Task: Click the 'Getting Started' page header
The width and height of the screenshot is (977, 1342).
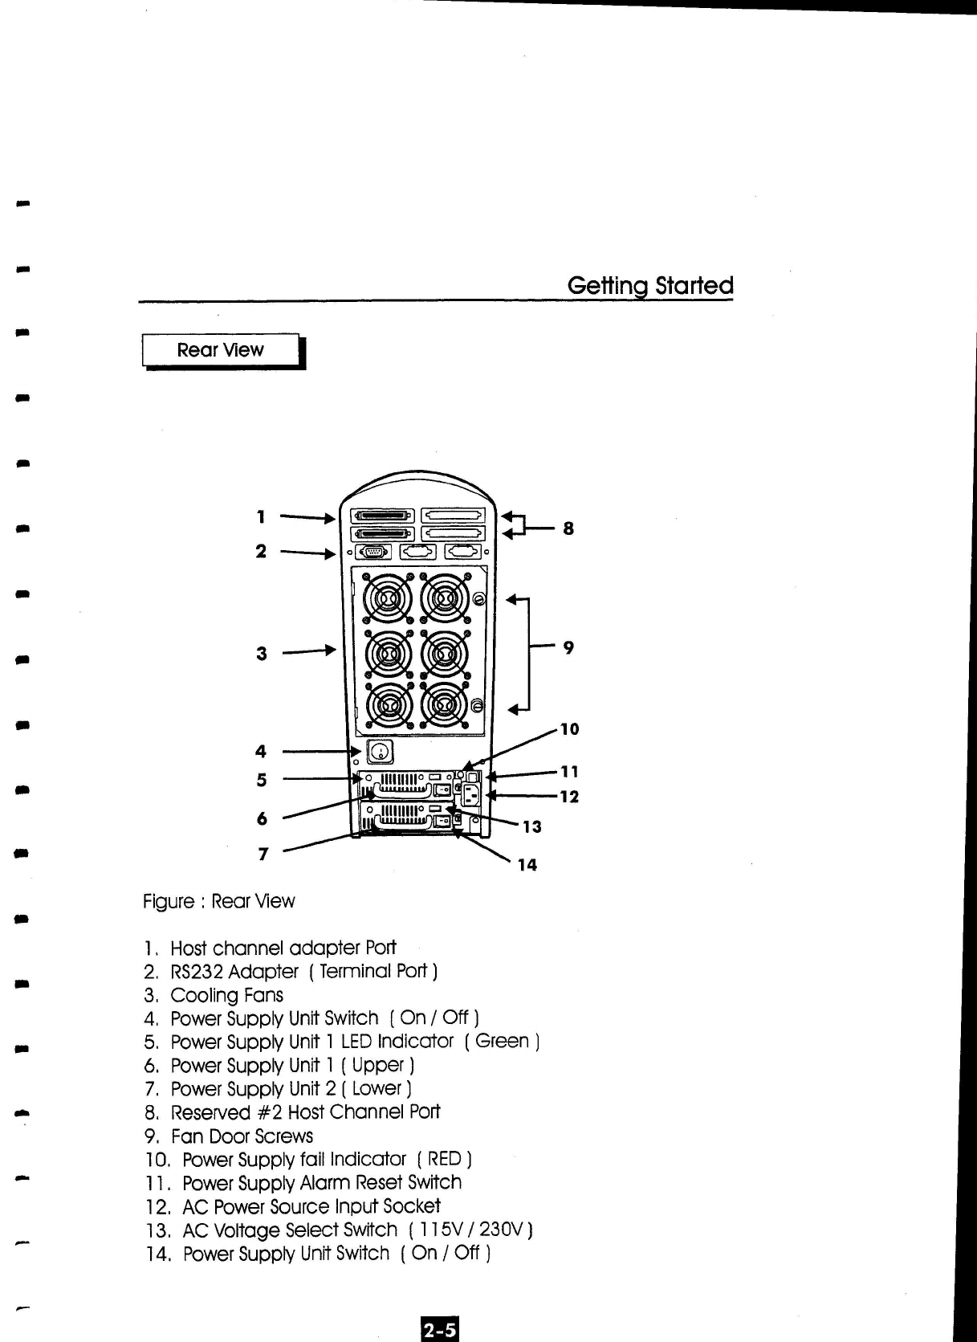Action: [x=649, y=285]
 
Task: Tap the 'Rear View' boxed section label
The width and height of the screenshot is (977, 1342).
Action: [x=220, y=350]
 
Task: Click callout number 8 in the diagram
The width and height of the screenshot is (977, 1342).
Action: [x=568, y=528]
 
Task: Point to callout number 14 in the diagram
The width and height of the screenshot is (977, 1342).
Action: [x=527, y=865]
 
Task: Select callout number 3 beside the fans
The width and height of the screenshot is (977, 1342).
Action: [x=261, y=654]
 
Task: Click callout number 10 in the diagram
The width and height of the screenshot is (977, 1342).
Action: [x=569, y=729]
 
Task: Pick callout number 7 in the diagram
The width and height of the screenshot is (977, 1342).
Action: [x=263, y=854]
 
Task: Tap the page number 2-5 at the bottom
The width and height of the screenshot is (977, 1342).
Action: [x=440, y=1329]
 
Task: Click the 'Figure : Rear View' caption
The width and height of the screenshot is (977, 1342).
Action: [x=218, y=901]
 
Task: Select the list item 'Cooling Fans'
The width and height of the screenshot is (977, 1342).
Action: [x=226, y=995]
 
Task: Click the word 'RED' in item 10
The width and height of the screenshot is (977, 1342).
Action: [x=444, y=1159]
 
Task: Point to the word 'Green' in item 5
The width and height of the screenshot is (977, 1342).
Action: [x=502, y=1041]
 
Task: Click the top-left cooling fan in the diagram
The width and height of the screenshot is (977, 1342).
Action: [x=389, y=600]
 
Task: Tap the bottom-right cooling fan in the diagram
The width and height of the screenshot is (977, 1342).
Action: [x=443, y=705]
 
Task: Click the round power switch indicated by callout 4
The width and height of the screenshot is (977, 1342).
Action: [x=381, y=753]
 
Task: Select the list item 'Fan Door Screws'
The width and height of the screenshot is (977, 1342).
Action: [x=242, y=1136]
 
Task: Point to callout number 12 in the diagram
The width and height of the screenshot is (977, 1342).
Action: [x=569, y=797]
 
